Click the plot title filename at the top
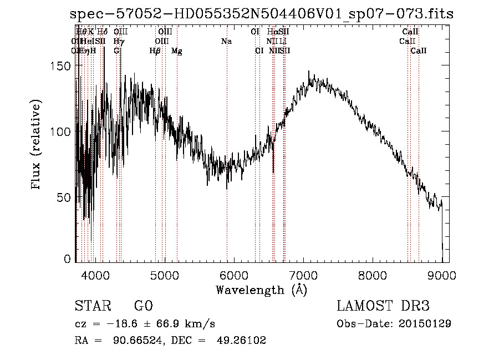tap(265, 14)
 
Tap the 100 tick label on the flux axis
tap(62, 131)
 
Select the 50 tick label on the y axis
tap(65, 197)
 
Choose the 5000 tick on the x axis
tap(164, 274)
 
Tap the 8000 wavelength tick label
tap(373, 274)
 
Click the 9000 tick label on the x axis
tap(442, 274)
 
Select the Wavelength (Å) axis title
tap(261, 290)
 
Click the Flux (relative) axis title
tap(37, 145)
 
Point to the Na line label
tap(226, 42)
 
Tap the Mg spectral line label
tap(176, 51)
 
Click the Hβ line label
tap(155, 51)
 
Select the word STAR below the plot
tap(92, 306)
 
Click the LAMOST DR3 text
tap(383, 306)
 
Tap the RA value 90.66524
tap(138, 341)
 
